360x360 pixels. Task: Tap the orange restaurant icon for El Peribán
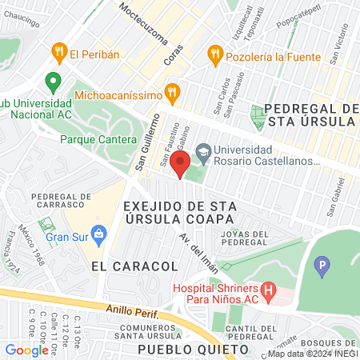click(x=58, y=54)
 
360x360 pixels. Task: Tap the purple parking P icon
click(x=322, y=266)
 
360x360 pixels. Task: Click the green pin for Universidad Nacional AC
click(x=54, y=81)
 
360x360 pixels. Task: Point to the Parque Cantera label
click(x=95, y=139)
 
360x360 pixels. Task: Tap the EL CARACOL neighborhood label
click(x=122, y=265)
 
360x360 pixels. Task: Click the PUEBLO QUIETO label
click(x=181, y=350)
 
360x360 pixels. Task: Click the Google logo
click(x=26, y=350)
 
